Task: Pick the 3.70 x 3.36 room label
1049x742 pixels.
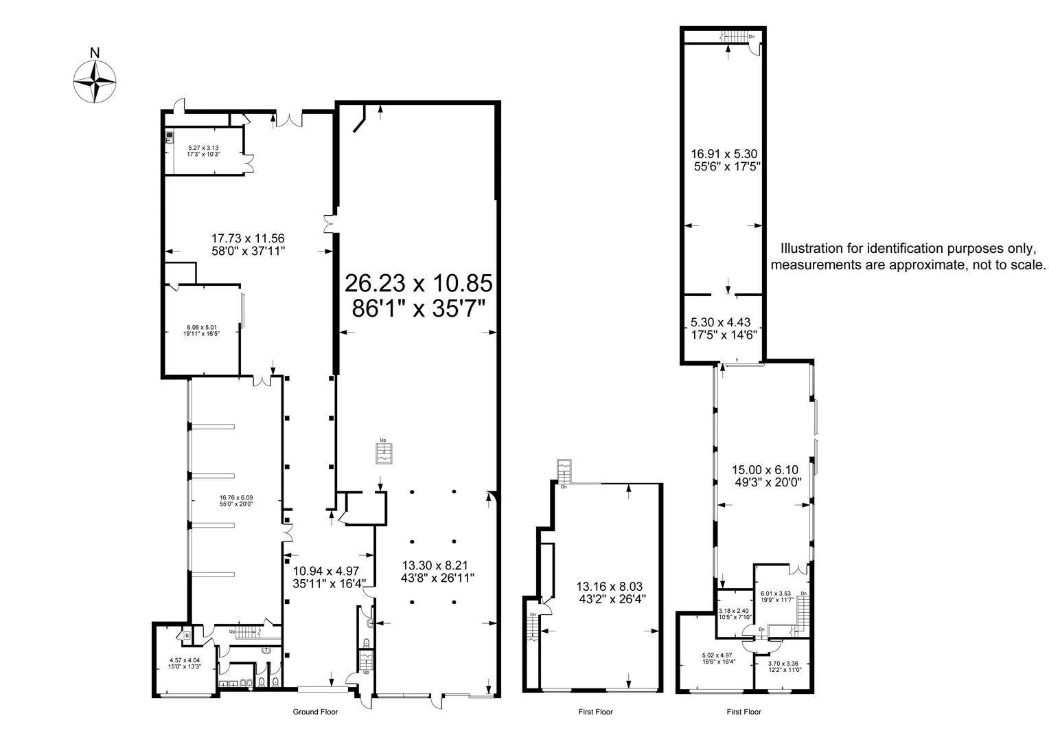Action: coord(783,666)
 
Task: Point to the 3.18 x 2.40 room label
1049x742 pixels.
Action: coord(733,613)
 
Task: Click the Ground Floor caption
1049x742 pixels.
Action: coord(315,712)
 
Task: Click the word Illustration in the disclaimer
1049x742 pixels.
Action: coord(814,249)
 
